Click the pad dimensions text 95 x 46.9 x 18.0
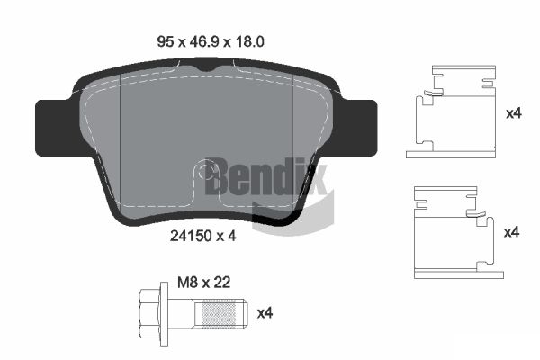pos(211,41)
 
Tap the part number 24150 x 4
pos(202,236)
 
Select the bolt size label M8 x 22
pos(204,283)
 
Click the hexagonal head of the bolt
pos(149,313)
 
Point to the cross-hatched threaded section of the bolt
pos(218,313)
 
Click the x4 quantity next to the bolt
pos(265,313)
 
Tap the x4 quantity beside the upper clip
pos(514,113)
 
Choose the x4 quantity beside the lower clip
pos(511,232)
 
